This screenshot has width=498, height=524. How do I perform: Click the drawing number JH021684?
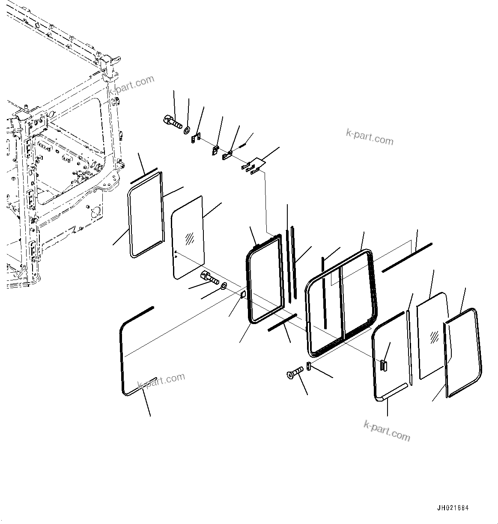453,508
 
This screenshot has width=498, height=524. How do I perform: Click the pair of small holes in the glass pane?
176,254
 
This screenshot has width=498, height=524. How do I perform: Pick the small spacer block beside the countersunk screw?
309,367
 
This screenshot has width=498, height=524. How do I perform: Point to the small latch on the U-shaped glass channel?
383,365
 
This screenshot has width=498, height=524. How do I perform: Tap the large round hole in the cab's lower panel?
95,212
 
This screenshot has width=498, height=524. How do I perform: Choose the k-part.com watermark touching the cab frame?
131,85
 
